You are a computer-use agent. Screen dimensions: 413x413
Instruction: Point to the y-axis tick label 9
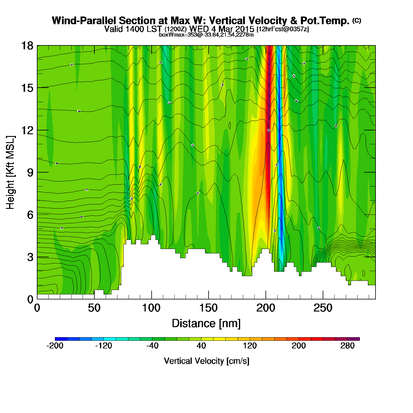[30, 173]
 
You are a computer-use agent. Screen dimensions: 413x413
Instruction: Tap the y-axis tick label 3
[30, 257]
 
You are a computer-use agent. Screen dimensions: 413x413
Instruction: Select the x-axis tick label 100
[151, 308]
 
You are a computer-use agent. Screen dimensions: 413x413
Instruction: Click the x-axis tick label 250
[323, 308]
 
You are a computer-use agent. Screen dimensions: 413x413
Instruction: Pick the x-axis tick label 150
[209, 308]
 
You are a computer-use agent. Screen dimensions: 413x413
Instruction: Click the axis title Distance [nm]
[206, 324]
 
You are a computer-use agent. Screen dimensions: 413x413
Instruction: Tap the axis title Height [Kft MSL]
[10, 173]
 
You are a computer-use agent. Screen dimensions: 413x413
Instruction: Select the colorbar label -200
[55, 346]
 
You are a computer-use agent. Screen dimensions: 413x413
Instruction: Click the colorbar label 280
[348, 346]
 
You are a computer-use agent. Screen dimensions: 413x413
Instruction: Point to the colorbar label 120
[250, 346]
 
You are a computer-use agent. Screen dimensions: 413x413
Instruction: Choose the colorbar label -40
[153, 346]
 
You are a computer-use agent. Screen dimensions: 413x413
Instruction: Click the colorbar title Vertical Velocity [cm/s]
[206, 361]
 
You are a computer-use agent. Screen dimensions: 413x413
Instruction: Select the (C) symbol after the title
[357, 20]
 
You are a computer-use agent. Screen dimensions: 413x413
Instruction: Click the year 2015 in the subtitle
[245, 29]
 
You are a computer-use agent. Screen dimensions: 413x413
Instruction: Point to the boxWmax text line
[206, 35]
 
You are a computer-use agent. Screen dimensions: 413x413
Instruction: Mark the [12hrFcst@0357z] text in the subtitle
[283, 29]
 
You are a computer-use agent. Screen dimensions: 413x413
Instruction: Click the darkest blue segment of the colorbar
[61, 339]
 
